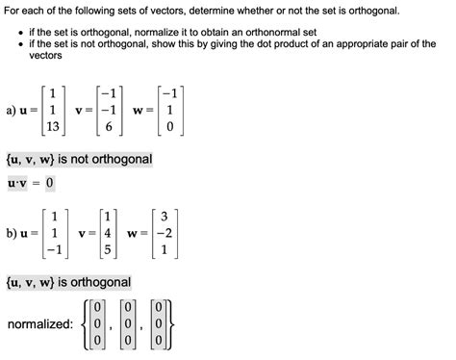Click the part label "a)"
click(13, 111)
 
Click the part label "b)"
click(13, 232)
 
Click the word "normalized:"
click(39, 323)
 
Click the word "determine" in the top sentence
click(199, 12)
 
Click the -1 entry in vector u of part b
click(56, 249)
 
